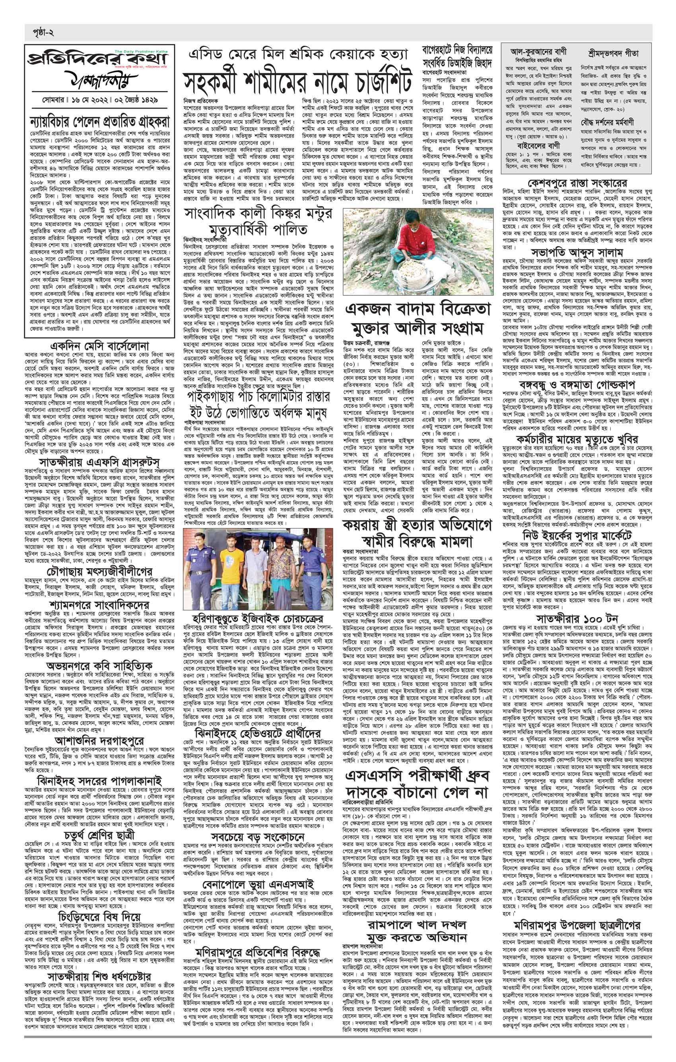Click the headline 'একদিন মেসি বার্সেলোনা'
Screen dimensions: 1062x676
(x=99, y=344)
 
